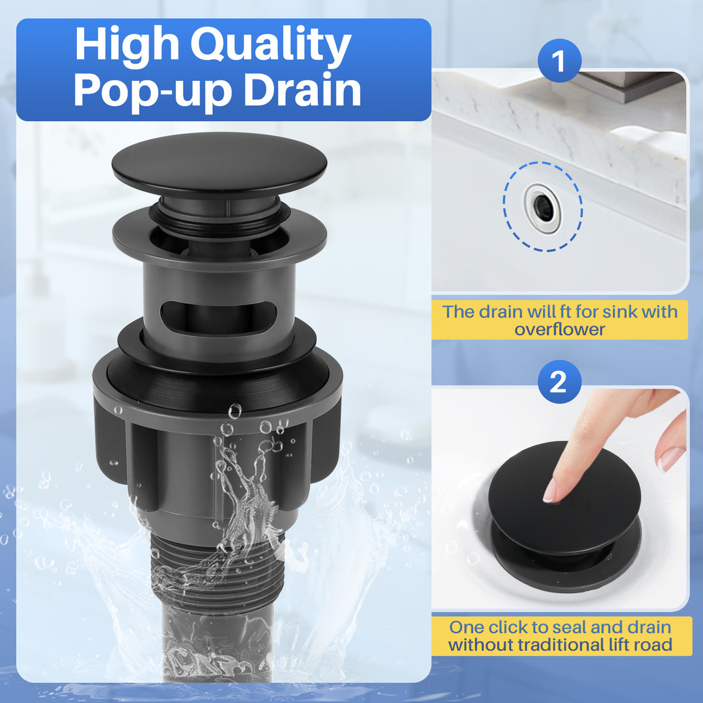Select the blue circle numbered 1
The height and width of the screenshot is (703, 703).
pos(559,61)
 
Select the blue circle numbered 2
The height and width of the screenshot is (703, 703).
pos(559,382)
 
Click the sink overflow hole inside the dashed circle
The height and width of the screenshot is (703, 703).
pos(543,207)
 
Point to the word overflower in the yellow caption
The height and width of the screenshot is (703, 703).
pos(559,329)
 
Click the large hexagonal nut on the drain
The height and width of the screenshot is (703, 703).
pos(218,430)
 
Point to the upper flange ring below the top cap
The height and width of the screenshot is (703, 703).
pos(219,238)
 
